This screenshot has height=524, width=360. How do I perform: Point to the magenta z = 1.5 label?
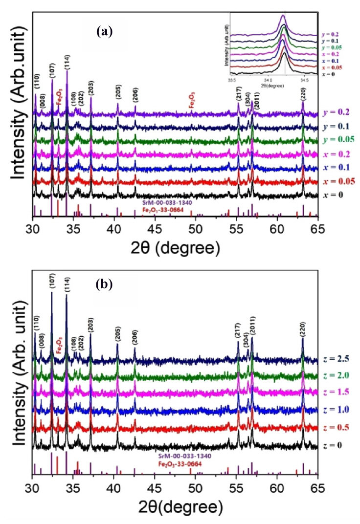[x=336, y=391]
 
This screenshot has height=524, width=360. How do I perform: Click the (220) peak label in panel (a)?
[x=303, y=94]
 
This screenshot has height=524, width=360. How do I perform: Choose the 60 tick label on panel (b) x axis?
[x=277, y=487]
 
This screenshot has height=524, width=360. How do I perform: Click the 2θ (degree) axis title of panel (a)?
[x=175, y=247]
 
